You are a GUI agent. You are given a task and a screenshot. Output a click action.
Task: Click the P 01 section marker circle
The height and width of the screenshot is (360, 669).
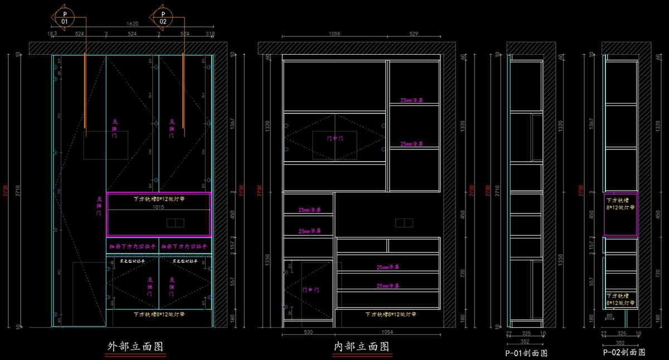coord(65,17)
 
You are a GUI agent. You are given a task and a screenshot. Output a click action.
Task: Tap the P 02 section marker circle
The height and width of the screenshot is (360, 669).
coord(163,17)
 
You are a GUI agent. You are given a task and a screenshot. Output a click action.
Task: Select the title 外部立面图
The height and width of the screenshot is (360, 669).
coord(136,347)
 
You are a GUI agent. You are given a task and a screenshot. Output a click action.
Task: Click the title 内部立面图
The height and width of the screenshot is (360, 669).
coord(362,347)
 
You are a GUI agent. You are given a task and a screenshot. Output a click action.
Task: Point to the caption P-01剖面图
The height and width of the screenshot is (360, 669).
coord(526,353)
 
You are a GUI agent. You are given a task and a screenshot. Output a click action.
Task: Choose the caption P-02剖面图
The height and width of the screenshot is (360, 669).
coord(624,353)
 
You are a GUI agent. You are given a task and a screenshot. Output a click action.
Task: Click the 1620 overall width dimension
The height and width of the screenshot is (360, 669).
coord(132,25)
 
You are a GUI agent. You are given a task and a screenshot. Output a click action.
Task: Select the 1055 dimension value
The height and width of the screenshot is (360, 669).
coord(334,34)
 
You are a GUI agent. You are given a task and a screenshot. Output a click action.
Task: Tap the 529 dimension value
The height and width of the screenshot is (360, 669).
coord(414,34)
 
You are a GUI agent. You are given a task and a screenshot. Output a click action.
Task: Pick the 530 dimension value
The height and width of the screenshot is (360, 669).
coord(308,332)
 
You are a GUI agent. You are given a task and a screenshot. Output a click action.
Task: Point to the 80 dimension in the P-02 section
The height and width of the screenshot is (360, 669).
coord(609,316)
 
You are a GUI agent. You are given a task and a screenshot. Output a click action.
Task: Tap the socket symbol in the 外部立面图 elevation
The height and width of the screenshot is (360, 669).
coord(176,223)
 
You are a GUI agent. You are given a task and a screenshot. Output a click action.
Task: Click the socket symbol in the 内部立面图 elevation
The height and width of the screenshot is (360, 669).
coord(404,223)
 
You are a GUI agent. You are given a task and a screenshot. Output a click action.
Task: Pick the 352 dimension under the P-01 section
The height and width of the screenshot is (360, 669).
coord(524,342)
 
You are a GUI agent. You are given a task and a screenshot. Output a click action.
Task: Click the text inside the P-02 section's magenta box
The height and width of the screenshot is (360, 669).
coord(620,204)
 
